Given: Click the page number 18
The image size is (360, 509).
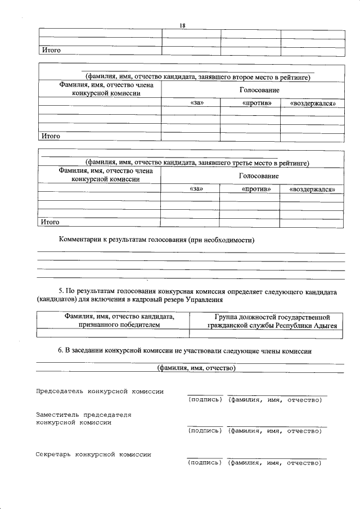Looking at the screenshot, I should click(182, 25).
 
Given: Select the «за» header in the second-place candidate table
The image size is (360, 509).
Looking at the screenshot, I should click(196, 103).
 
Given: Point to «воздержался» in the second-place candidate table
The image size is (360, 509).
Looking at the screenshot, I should click(312, 103).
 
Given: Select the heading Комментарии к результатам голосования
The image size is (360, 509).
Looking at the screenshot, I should click(157, 240).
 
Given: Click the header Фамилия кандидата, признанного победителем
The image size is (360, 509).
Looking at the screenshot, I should click(112, 321).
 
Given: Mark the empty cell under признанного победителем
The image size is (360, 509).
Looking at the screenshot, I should click(112, 333).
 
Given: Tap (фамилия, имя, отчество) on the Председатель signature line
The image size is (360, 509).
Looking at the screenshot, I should click(274, 400).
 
